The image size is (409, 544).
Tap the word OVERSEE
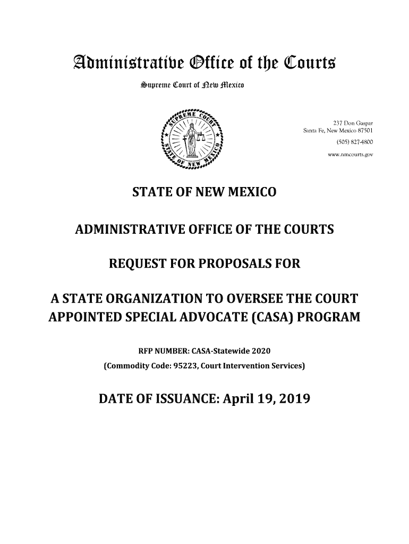[265, 297]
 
